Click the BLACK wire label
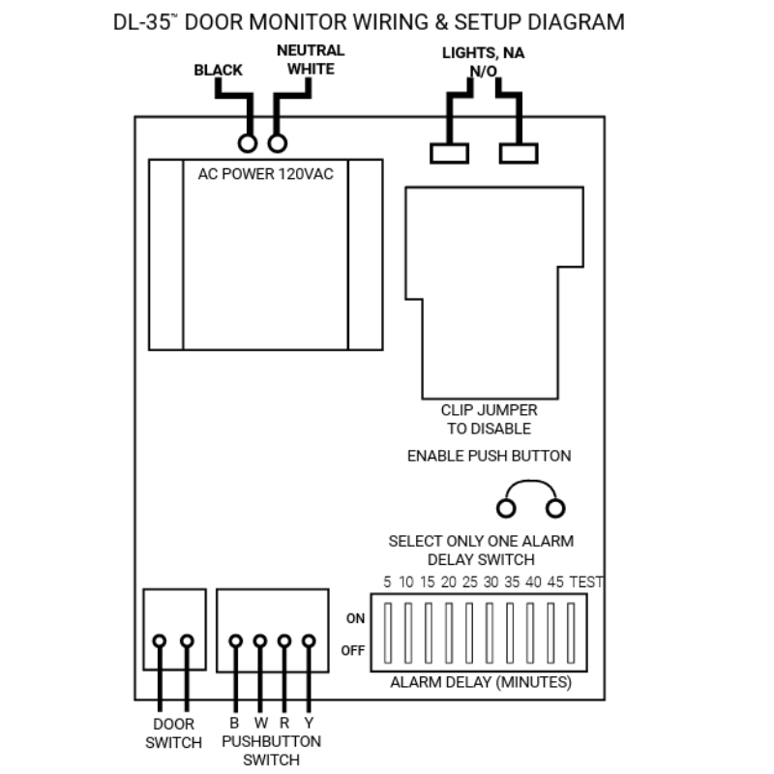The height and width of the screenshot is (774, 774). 218,70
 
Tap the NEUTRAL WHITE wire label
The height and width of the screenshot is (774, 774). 310,59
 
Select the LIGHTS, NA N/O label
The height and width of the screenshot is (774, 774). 483,62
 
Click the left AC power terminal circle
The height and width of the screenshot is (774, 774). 248,144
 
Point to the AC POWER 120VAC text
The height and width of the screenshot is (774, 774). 265,175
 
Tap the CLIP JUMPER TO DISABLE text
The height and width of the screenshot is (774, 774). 489,419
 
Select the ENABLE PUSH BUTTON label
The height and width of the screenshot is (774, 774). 489,456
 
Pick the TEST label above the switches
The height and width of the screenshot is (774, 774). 586,582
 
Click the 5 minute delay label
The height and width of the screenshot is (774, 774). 387,582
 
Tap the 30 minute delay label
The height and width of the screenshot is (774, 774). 491,582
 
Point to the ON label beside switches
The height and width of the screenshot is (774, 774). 355,618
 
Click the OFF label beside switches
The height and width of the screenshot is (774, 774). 353,650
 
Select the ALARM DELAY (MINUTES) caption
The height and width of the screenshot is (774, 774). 480,682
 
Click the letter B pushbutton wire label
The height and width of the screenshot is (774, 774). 234,723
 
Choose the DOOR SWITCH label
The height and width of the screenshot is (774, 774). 174,732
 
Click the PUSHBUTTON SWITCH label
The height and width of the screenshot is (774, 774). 271,750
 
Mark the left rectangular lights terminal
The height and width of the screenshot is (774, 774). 449,153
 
